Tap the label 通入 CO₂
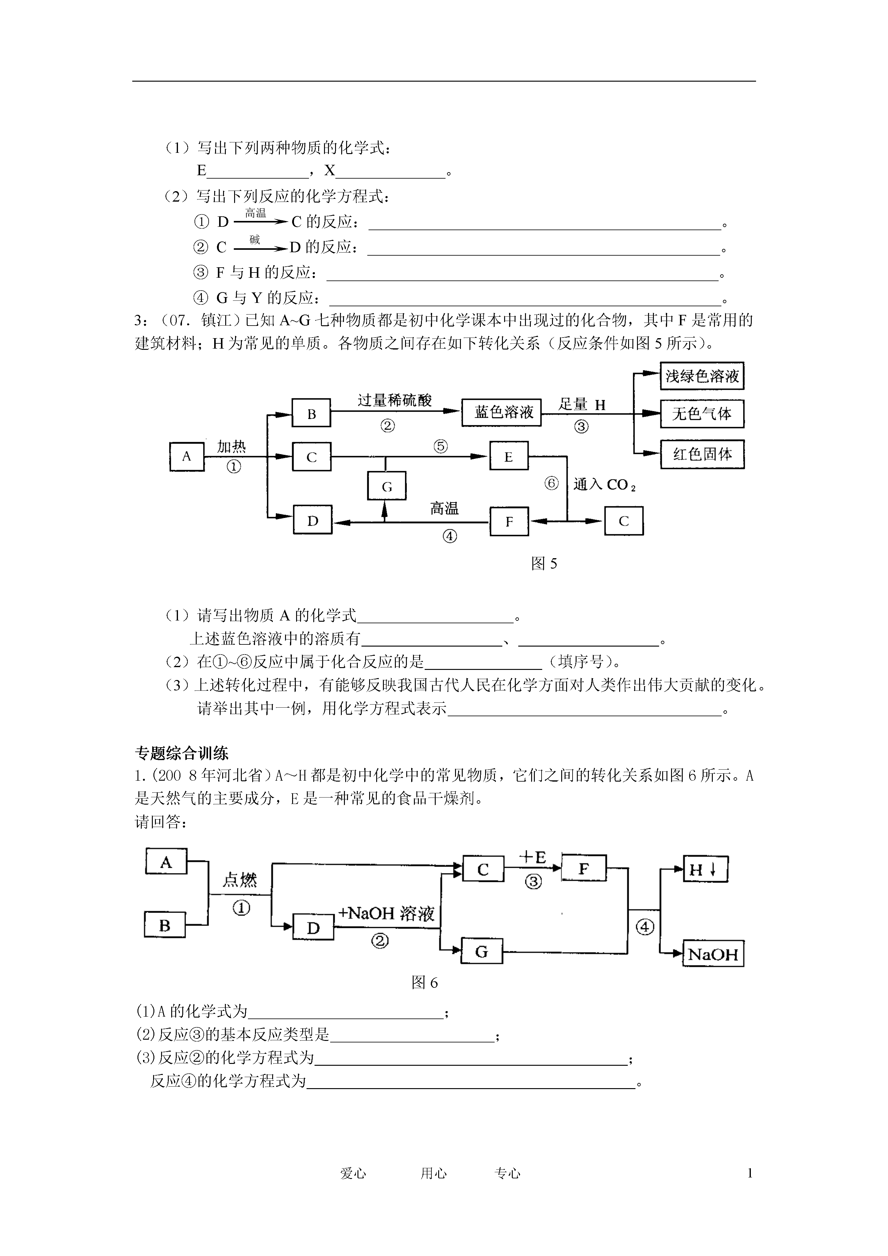pos(604,485)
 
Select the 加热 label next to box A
pos(231,447)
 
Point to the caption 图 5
pos(544,563)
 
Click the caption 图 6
pos(425,998)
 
